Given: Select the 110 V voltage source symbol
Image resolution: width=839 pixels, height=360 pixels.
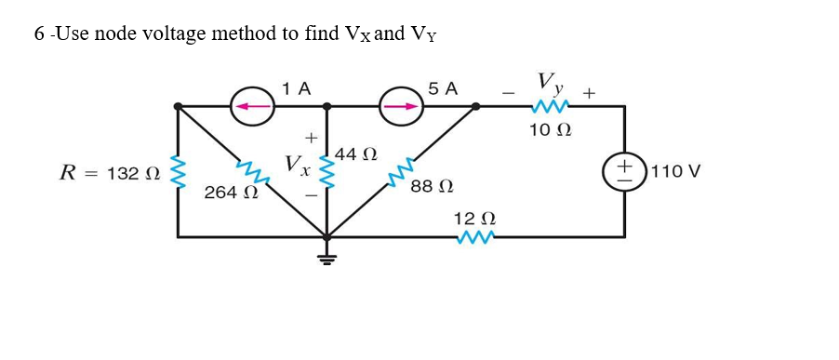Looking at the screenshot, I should click(x=624, y=171).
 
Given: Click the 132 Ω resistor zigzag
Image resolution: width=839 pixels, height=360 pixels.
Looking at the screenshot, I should click(x=178, y=172).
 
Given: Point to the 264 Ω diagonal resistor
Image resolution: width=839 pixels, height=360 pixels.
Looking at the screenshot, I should click(x=248, y=170).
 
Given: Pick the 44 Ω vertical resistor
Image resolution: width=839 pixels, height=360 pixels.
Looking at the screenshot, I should click(x=326, y=172).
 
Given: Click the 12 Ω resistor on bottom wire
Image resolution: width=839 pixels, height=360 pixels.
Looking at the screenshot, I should click(x=474, y=237).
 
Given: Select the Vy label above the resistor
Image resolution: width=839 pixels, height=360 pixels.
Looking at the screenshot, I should click(x=549, y=83).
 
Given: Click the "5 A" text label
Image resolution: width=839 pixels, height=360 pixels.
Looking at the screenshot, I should click(x=444, y=88).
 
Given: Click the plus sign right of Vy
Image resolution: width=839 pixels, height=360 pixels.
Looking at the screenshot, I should click(x=589, y=93).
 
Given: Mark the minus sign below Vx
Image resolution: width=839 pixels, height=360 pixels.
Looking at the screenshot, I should click(x=312, y=197).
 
